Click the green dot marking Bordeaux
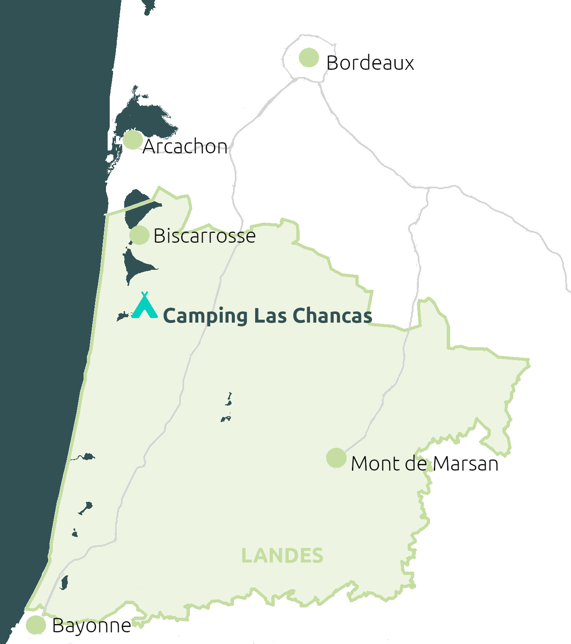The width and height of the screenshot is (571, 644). pos(309,57)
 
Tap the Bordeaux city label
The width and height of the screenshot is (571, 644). pos(370,63)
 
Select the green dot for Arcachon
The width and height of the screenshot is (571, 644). pos(133,140)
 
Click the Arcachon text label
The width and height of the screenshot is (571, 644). pos(185,147)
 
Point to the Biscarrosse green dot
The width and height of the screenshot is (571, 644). pos(139,235)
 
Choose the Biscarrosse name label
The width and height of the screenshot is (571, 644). pos(204,236)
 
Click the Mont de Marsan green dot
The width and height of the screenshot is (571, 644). pos(336,458)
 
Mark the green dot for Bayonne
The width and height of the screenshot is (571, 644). pos(36,625)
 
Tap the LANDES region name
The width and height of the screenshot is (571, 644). pos(282,556)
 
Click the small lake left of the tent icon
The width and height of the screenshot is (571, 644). pos(123,317)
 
